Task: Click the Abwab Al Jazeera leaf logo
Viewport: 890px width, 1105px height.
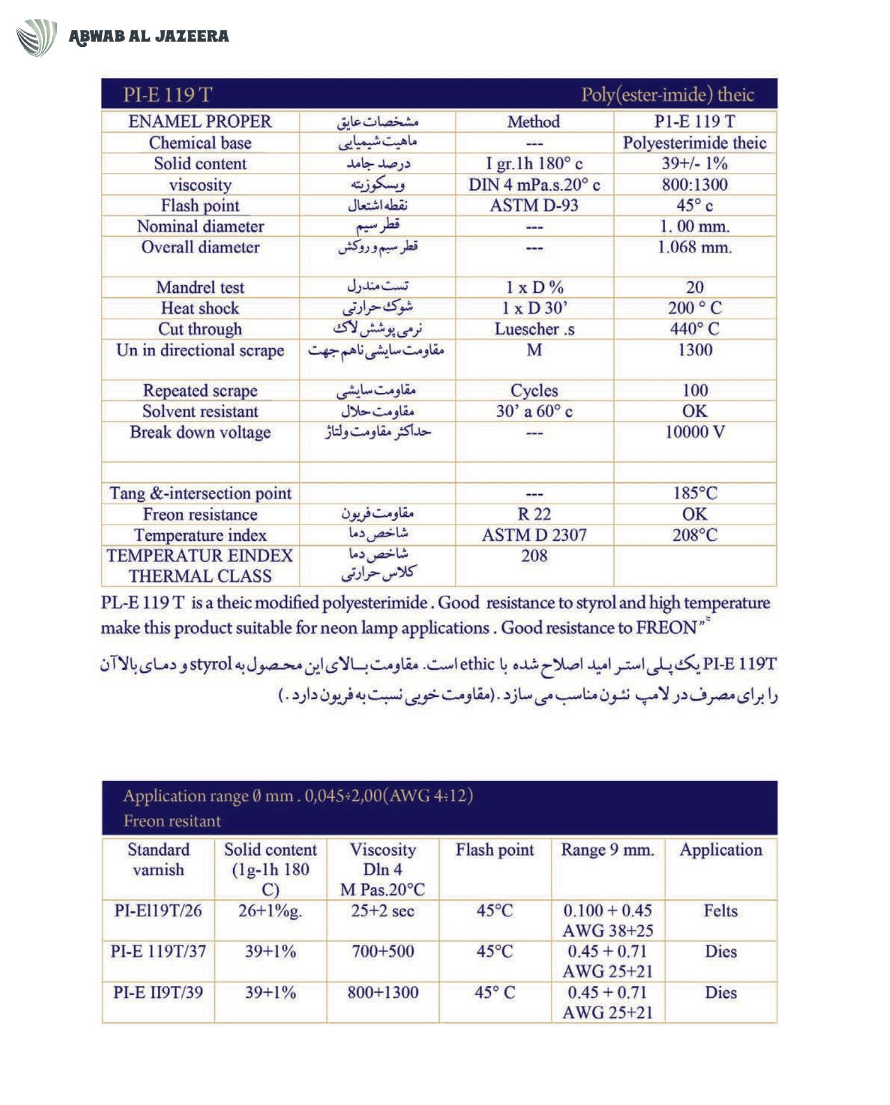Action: pyautogui.click(x=36, y=37)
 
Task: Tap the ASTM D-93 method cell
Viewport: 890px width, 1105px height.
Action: pyautogui.click(x=534, y=206)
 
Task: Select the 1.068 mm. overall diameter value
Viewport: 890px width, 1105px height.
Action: pyautogui.click(x=694, y=247)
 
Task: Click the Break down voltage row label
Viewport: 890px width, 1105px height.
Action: pyautogui.click(x=200, y=432)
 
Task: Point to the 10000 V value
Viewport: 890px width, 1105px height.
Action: pyautogui.click(x=694, y=432)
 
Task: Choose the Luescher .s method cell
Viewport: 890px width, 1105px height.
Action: pyautogui.click(x=534, y=329)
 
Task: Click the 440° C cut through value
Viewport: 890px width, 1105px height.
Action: pyautogui.click(x=694, y=329)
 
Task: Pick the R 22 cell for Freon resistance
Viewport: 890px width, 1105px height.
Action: pyautogui.click(x=534, y=514)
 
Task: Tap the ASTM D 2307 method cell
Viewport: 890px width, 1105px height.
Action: pyautogui.click(x=534, y=535)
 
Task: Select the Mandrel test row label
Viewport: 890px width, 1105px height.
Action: pyautogui.click(x=200, y=287)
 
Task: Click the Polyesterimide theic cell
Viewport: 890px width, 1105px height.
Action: pyautogui.click(x=694, y=143)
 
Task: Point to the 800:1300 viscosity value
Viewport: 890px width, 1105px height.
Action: pyautogui.click(x=694, y=184)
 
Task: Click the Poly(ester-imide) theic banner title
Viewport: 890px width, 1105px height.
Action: pyautogui.click(x=667, y=94)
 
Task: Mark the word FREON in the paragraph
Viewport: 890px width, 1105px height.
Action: pyautogui.click(x=666, y=628)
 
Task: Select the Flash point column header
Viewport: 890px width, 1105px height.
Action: pyautogui.click(x=494, y=850)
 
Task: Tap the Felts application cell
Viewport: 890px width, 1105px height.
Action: pyautogui.click(x=720, y=911)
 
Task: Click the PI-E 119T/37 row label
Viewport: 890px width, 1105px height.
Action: pyautogui.click(x=158, y=952)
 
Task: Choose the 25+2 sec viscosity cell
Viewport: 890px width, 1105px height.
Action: pyautogui.click(x=383, y=911)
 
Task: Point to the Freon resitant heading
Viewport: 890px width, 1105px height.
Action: pyautogui.click(x=172, y=821)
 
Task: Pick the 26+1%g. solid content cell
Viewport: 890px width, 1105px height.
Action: pyautogui.click(x=270, y=911)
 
